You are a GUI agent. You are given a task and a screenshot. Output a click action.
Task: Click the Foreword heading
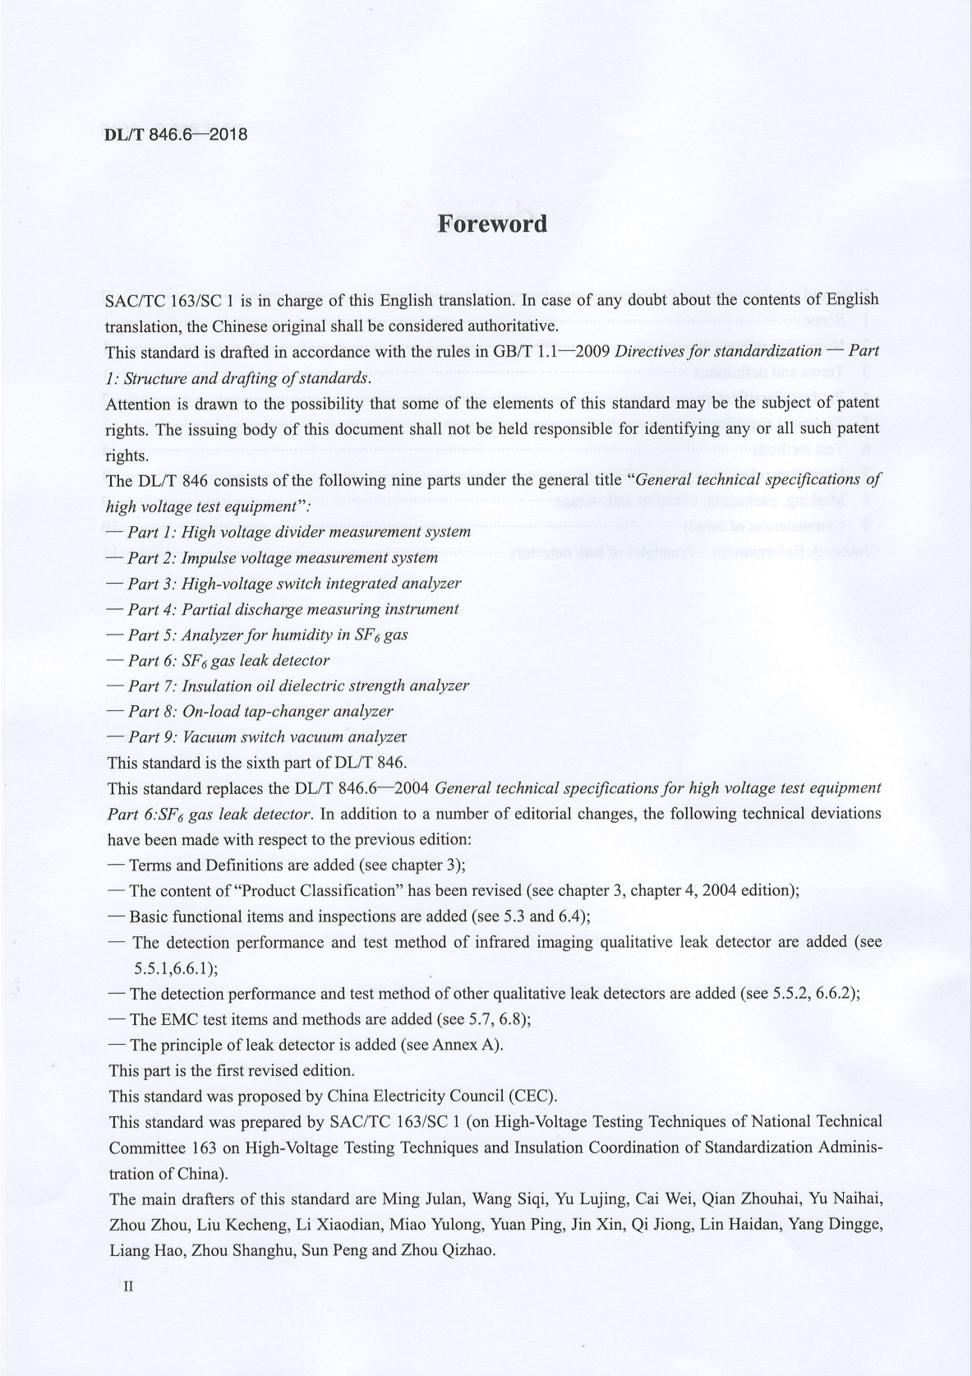491,224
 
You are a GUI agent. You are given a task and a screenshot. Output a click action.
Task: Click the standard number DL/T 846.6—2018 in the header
176,134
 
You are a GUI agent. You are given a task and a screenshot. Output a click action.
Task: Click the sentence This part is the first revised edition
232,1070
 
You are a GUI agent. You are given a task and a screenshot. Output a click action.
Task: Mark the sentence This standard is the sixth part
257,762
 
